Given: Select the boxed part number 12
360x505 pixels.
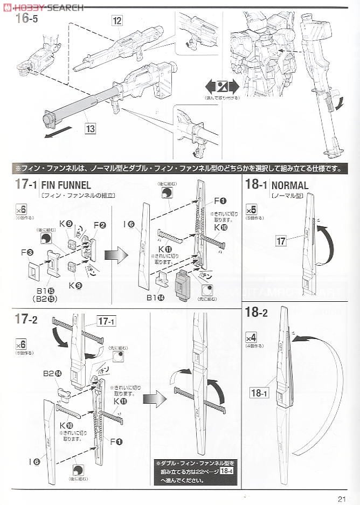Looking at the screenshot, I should point(117,22).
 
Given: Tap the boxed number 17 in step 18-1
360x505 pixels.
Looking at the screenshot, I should point(281,241).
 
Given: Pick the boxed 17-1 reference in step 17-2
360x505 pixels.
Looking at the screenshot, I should point(107,322).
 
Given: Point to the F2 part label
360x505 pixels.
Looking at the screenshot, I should point(100,225).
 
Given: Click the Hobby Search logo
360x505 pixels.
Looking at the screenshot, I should point(43,7).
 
